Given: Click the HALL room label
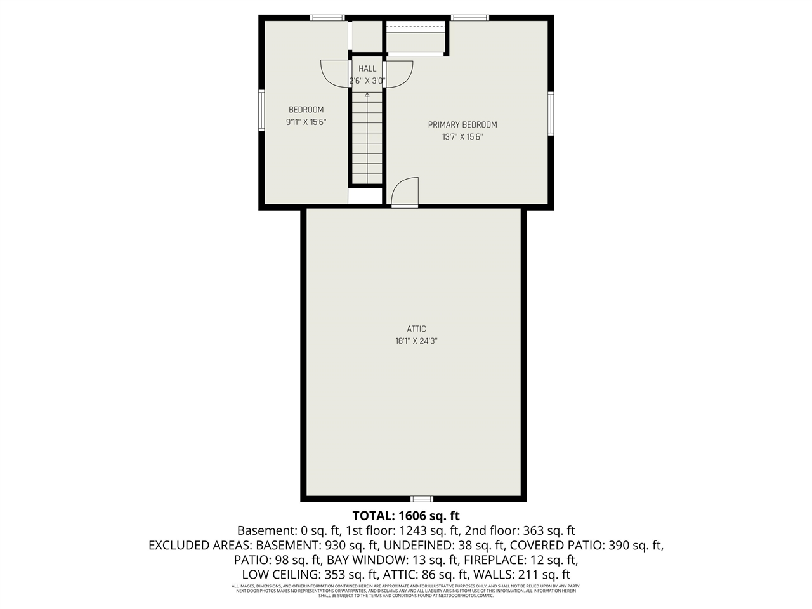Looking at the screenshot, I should coord(367,69).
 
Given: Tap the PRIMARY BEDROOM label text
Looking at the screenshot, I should coord(462,125).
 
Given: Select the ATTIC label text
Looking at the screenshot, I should coord(416,329).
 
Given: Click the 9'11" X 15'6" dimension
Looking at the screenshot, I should coord(306,122).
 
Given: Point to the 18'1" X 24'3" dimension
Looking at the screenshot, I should coord(416,341).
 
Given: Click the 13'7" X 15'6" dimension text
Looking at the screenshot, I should coord(462,137).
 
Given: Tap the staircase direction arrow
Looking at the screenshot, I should coord(367,96).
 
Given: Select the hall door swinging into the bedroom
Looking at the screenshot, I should coord(334,73).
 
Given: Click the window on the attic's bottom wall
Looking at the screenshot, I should coord(422,499).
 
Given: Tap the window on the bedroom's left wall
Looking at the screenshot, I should coord(261,110).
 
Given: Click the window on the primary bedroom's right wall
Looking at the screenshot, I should coord(551,114).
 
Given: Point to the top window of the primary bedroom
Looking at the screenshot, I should coord(470,18).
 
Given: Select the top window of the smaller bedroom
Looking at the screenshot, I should coord(327,18).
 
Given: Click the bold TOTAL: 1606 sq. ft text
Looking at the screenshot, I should coord(406,515).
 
